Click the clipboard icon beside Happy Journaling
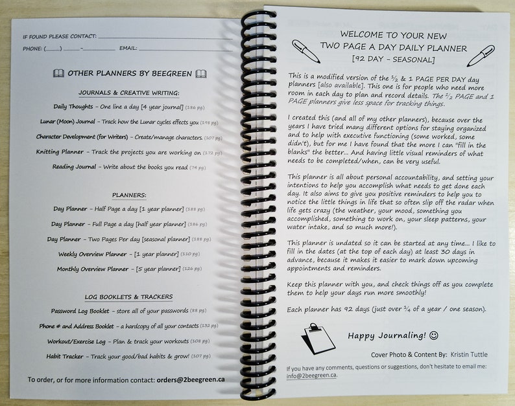point(318,337)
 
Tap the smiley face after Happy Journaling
point(434,335)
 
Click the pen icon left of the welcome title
point(305,51)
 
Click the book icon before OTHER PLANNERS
point(58,74)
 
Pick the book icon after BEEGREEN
point(201,74)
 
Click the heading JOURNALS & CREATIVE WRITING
point(129,93)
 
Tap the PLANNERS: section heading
point(129,194)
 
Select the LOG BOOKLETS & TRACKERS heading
point(129,297)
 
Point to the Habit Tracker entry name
point(66,356)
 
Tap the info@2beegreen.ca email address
point(311,375)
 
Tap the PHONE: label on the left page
point(32,49)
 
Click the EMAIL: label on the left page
point(128,49)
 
